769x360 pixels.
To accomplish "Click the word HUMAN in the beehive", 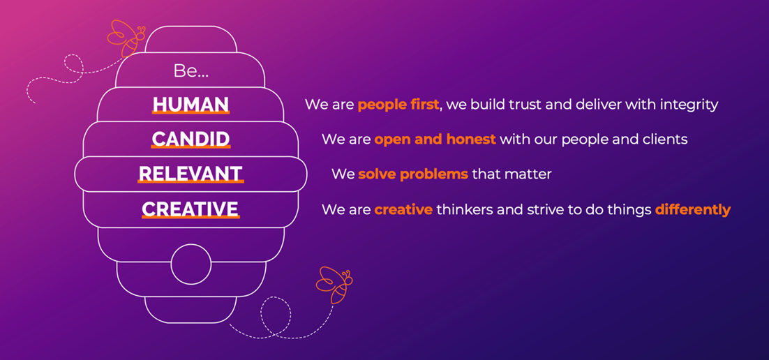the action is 191,104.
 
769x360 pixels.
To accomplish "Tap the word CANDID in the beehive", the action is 191,140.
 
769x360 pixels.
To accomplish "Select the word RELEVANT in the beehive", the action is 191,174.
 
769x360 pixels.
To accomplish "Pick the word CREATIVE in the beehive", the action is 191,209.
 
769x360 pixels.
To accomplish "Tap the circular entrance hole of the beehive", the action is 191,264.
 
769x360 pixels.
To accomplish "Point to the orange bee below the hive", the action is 334,285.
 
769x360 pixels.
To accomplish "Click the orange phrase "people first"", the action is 398,105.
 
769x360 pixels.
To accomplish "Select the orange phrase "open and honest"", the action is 435,140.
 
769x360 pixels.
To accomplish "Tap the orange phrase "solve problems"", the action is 413,174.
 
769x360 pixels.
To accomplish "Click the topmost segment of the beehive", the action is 191,39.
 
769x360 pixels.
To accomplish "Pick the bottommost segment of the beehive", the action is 191,310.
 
